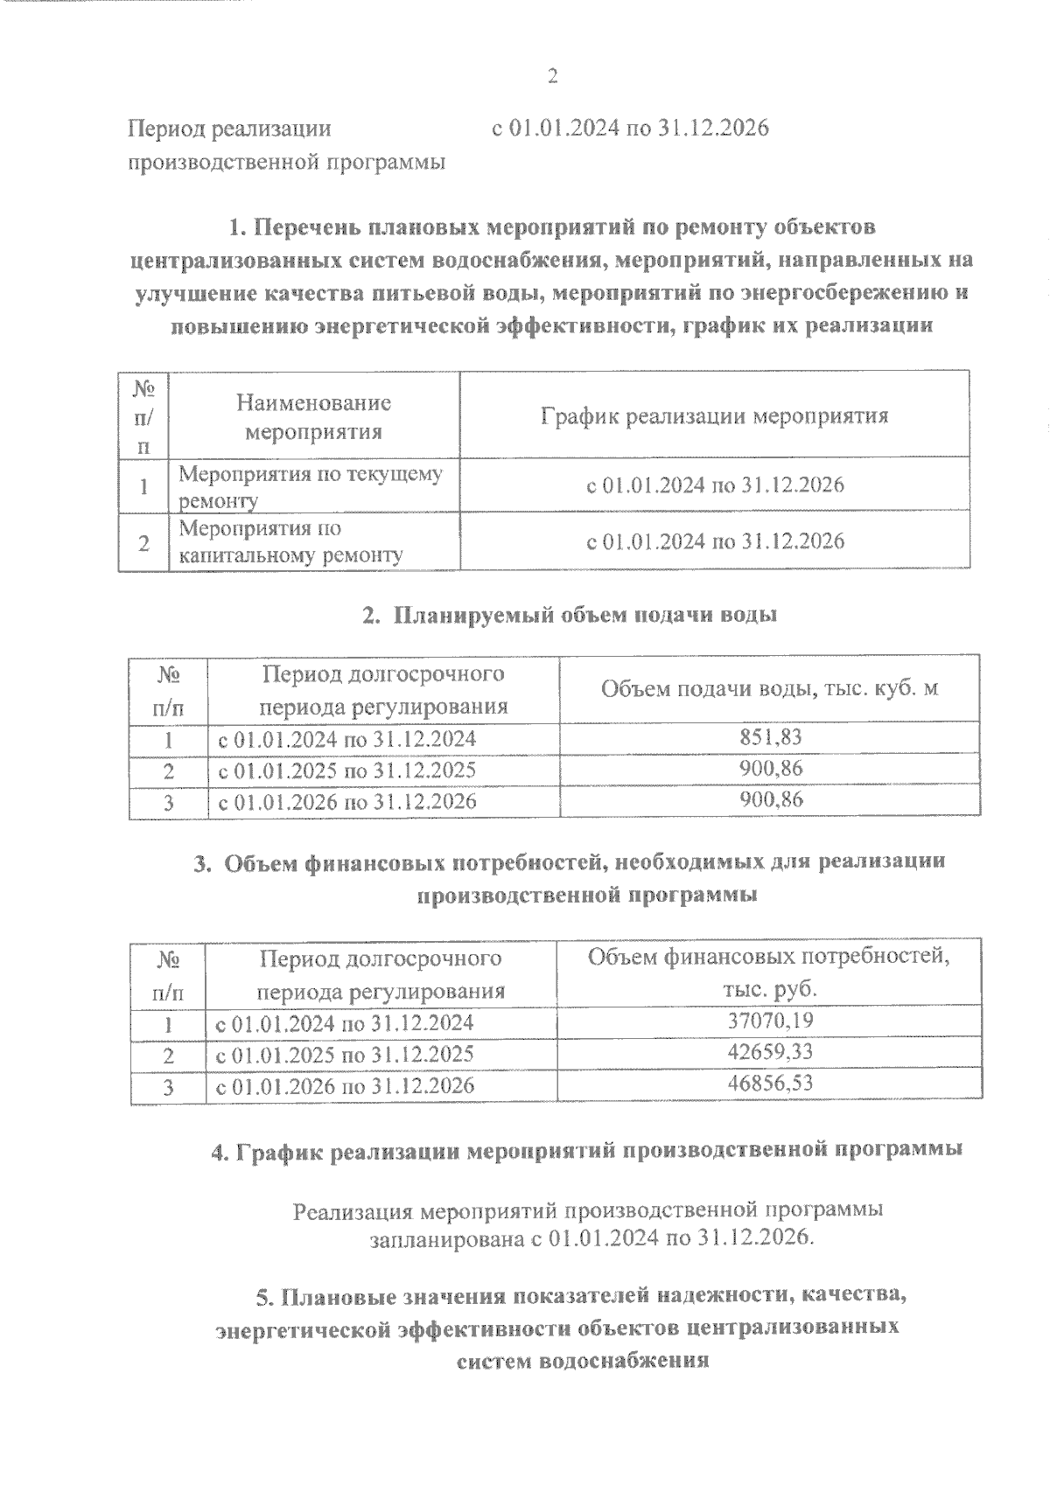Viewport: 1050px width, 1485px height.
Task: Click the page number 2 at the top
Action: pos(552,77)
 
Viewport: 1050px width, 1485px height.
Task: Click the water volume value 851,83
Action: pos(770,737)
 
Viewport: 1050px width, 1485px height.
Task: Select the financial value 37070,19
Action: pos(770,1020)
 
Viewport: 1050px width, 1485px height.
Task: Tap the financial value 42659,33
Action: pos(770,1051)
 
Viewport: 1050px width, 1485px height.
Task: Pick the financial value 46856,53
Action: pos(770,1083)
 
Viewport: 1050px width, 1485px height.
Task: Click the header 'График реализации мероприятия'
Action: pos(714,415)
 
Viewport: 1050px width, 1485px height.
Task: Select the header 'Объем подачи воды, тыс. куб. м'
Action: pos(769,688)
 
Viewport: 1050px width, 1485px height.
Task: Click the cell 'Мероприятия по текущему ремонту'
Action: pos(311,486)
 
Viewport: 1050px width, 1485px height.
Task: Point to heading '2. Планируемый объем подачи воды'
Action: pos(570,615)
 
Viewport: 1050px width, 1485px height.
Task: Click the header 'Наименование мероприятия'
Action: pos(313,417)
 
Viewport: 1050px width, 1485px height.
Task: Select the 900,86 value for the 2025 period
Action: pos(770,769)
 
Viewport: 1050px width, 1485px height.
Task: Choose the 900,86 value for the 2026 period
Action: pos(770,799)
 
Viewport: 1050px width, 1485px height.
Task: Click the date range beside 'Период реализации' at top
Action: pos(630,129)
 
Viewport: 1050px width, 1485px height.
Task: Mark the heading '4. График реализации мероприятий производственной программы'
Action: pos(587,1150)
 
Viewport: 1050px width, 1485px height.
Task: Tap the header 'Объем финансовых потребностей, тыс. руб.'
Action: pos(768,972)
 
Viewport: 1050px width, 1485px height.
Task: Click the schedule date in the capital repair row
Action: pos(714,541)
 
